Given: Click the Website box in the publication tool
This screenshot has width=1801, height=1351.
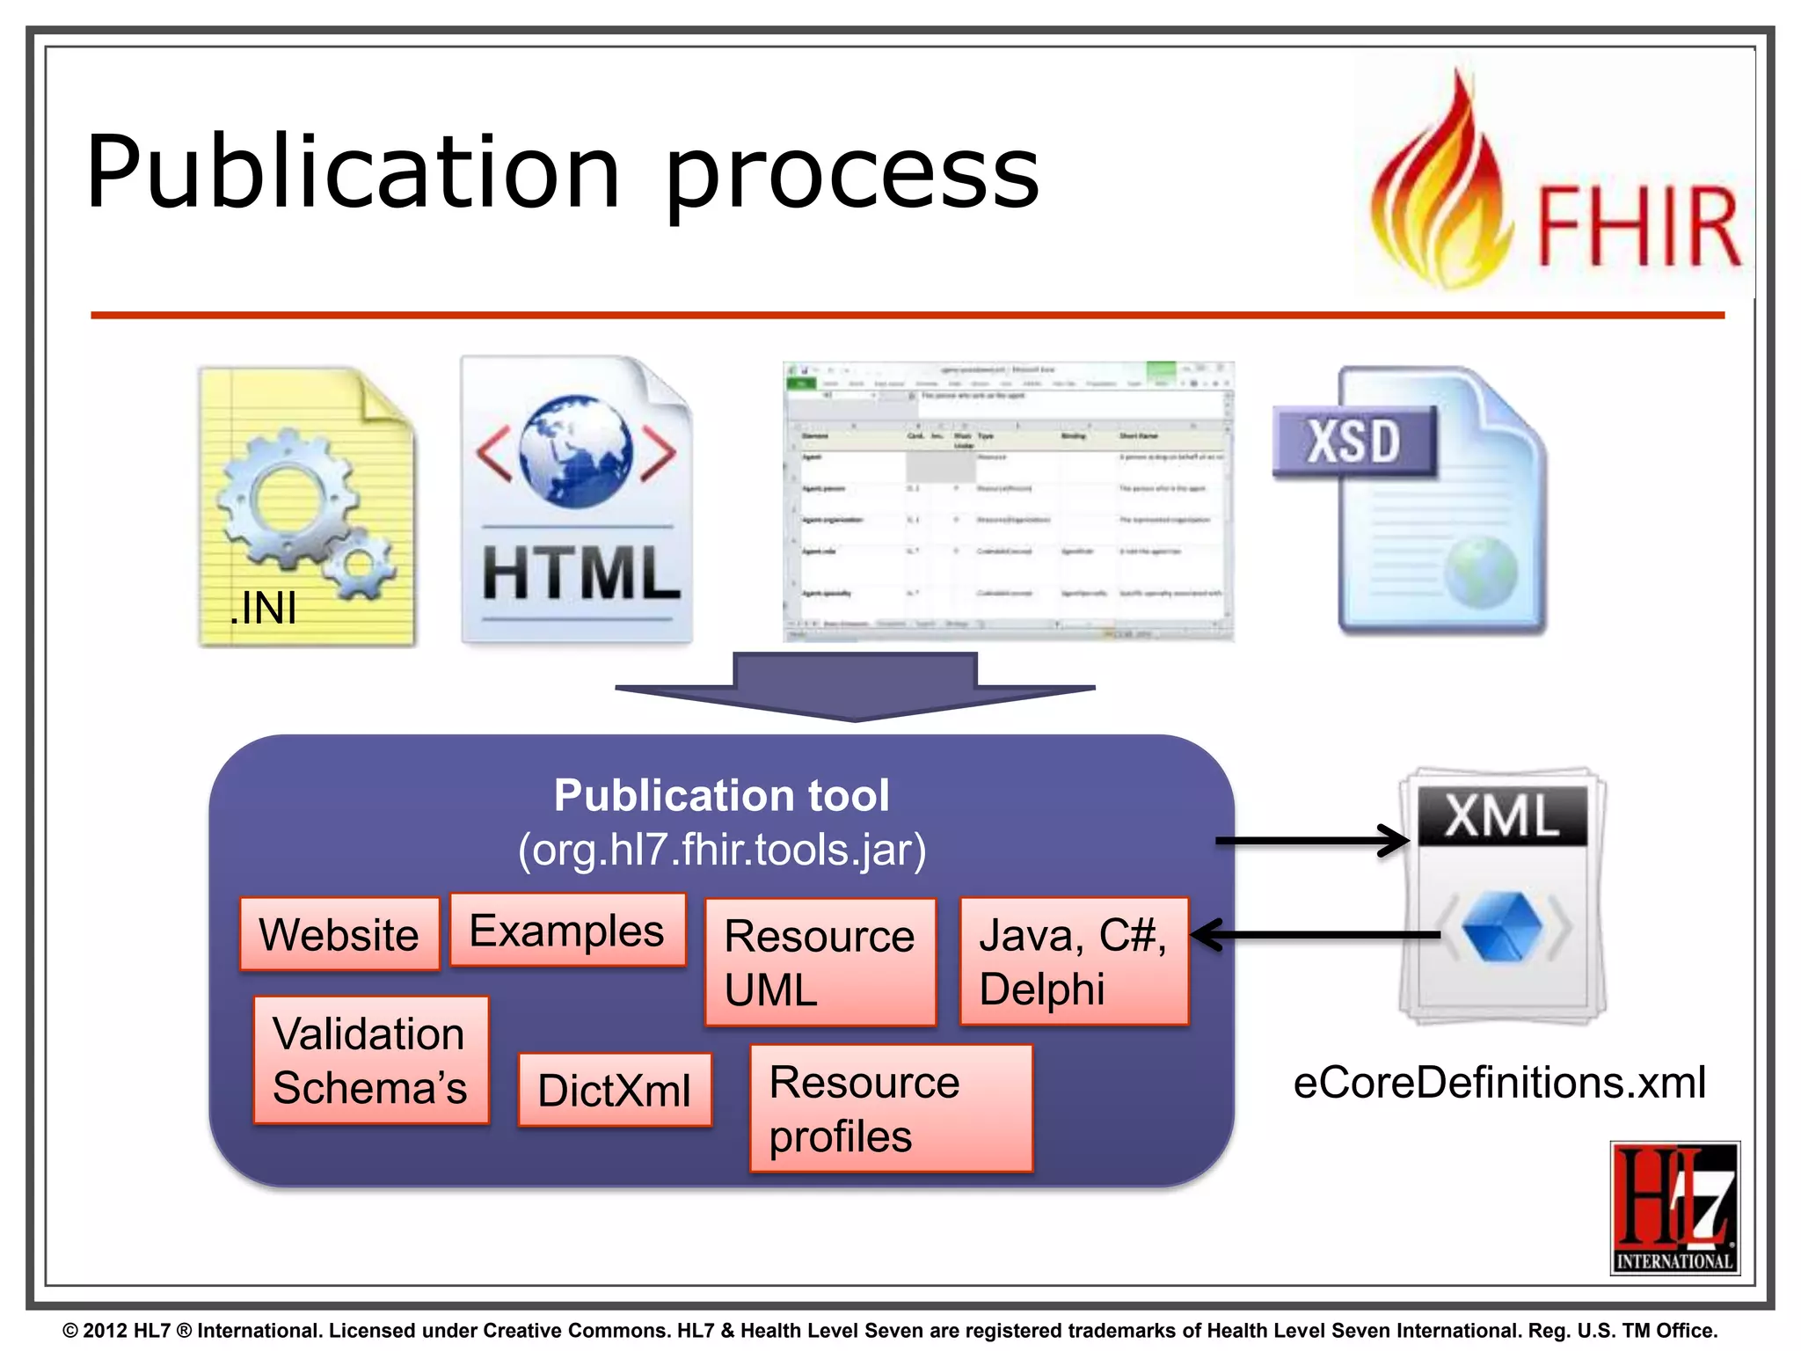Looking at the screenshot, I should [339, 934].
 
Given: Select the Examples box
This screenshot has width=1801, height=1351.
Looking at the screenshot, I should [567, 931].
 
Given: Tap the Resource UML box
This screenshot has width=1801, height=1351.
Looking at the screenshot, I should [820, 962].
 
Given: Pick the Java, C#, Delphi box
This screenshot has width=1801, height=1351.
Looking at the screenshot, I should [1074, 961].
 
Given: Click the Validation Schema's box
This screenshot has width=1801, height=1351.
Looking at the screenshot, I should [370, 1060].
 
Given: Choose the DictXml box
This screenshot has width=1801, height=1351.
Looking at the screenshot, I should [615, 1090].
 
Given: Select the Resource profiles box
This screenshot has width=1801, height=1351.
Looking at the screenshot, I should [891, 1108].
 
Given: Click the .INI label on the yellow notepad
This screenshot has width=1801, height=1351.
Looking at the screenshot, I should [263, 608].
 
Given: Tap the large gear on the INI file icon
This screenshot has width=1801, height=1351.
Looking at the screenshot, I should [283, 499].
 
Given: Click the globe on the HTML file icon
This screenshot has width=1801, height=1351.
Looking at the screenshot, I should [575, 450].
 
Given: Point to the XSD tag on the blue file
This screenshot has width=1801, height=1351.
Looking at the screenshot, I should [1353, 442].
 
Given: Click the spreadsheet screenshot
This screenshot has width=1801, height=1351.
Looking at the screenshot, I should [1008, 501].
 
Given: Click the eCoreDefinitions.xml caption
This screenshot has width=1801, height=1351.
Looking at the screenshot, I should [1499, 1082].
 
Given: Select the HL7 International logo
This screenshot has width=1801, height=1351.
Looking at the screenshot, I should [1674, 1208].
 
